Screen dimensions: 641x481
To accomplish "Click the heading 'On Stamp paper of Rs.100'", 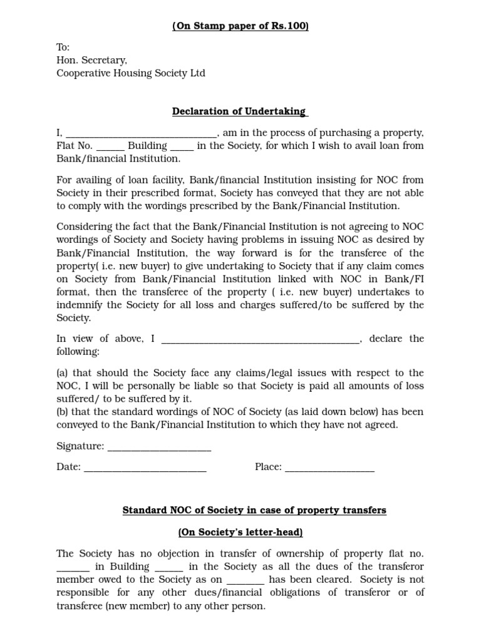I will [240, 26].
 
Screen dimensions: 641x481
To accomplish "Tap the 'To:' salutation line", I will [63, 48].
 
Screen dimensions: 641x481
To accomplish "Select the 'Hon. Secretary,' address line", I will [91, 60].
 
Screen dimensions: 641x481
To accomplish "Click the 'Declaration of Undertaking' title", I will [240, 111].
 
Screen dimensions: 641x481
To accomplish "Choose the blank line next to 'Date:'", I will [145, 467].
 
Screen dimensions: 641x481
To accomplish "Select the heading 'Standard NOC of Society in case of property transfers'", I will [254, 510].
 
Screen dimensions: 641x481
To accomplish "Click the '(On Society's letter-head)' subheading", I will [240, 532].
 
